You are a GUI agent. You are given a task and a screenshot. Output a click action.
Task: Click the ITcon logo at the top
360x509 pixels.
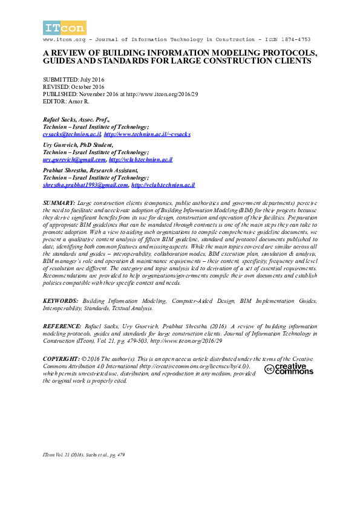tap(65, 28)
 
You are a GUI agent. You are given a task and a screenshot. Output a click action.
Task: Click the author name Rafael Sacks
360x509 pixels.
tap(60, 120)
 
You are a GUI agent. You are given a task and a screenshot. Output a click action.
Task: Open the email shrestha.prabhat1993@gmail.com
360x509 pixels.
tap(85, 185)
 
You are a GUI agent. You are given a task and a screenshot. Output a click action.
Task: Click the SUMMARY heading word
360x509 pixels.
tap(59, 200)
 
